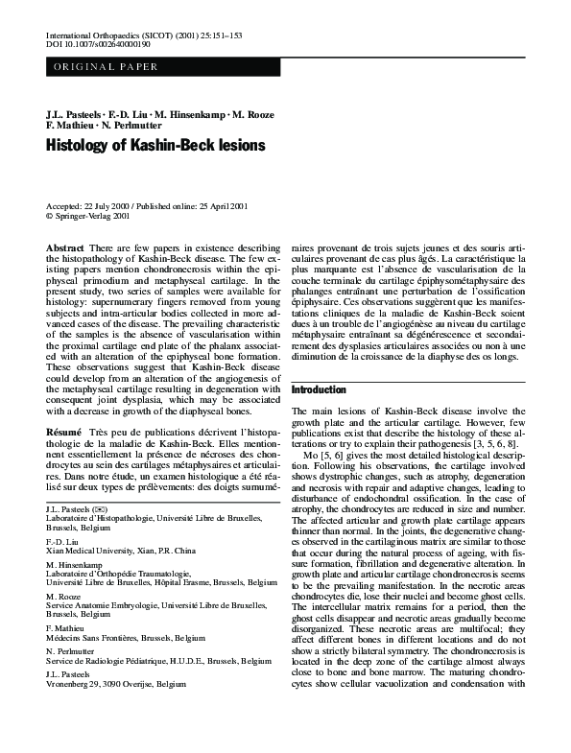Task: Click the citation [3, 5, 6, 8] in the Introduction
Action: coord(475,446)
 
